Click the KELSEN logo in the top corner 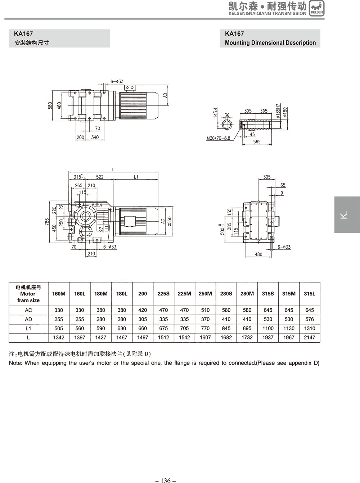point(316,8)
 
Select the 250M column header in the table point(205,294)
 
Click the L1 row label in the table point(28,328)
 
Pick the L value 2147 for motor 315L point(309,338)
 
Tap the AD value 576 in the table point(309,319)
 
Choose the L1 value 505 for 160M point(59,328)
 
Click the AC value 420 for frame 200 point(143,310)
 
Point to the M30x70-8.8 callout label point(218,138)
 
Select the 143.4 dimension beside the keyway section point(215,112)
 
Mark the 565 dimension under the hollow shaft point(257,142)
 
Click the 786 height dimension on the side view point(47,222)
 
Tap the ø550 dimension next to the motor point(170,221)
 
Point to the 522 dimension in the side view point(100,177)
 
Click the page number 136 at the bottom point(165,480)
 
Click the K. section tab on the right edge point(347,215)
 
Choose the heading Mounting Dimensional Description point(270,42)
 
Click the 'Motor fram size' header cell point(28,294)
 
